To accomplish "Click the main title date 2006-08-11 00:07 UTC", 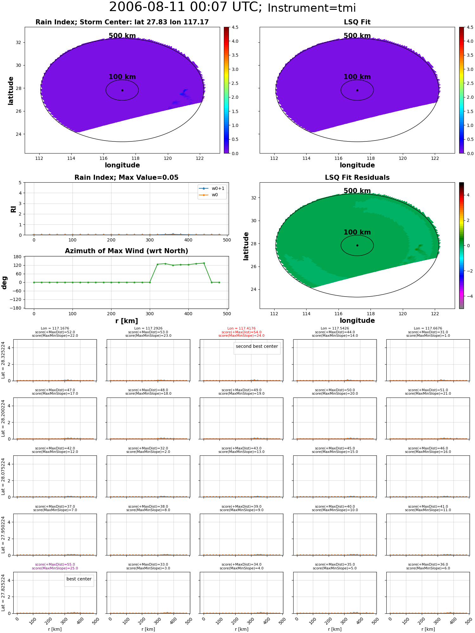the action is (185, 7).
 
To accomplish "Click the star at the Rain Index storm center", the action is (122, 90).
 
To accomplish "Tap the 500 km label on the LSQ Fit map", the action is (357, 36).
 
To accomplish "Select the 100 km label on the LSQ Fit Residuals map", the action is (357, 232).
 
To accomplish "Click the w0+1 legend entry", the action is (212, 188).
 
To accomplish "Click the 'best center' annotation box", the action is (79, 579).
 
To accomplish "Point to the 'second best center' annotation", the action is (257, 346).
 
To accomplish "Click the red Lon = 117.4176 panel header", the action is (241, 329).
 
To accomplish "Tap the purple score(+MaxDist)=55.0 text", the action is (55, 565).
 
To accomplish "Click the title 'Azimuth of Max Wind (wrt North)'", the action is (126, 251).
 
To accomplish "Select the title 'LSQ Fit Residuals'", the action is (357, 178).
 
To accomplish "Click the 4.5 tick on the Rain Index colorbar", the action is (235, 27).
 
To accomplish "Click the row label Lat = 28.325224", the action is (3, 360).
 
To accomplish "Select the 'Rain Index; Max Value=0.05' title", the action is (126, 178).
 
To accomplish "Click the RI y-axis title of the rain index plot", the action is (13, 209).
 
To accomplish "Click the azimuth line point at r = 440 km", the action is (204, 263).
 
